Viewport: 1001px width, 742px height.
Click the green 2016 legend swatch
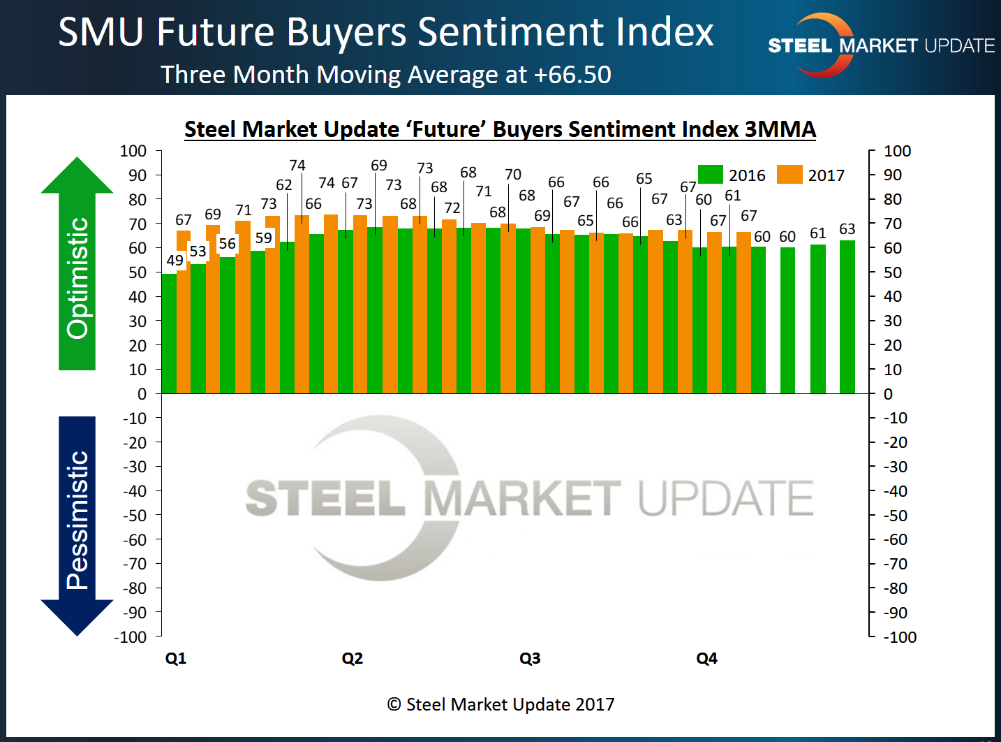(x=710, y=175)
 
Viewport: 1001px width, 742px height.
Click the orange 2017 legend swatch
(x=789, y=175)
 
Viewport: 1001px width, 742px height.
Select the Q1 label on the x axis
(x=176, y=658)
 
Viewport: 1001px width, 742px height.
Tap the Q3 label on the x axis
(x=530, y=658)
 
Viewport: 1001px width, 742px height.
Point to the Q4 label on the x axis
(x=706, y=658)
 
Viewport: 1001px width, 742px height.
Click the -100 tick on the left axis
(x=131, y=637)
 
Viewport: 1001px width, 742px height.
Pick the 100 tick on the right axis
(x=897, y=151)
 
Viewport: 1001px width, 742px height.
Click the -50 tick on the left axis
(x=135, y=516)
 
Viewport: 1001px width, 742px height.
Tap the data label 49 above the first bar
(x=175, y=261)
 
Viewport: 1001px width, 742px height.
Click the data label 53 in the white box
(x=198, y=251)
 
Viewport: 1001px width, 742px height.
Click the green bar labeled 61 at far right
(x=817, y=319)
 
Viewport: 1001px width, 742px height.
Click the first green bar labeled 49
(x=168, y=333)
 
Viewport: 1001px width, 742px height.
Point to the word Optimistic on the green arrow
(x=77, y=278)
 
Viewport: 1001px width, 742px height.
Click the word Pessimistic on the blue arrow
(x=77, y=520)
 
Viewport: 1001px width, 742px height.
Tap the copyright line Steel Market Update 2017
(x=500, y=704)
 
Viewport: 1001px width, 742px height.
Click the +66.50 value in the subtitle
(x=572, y=75)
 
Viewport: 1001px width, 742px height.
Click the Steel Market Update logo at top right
(x=881, y=45)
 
